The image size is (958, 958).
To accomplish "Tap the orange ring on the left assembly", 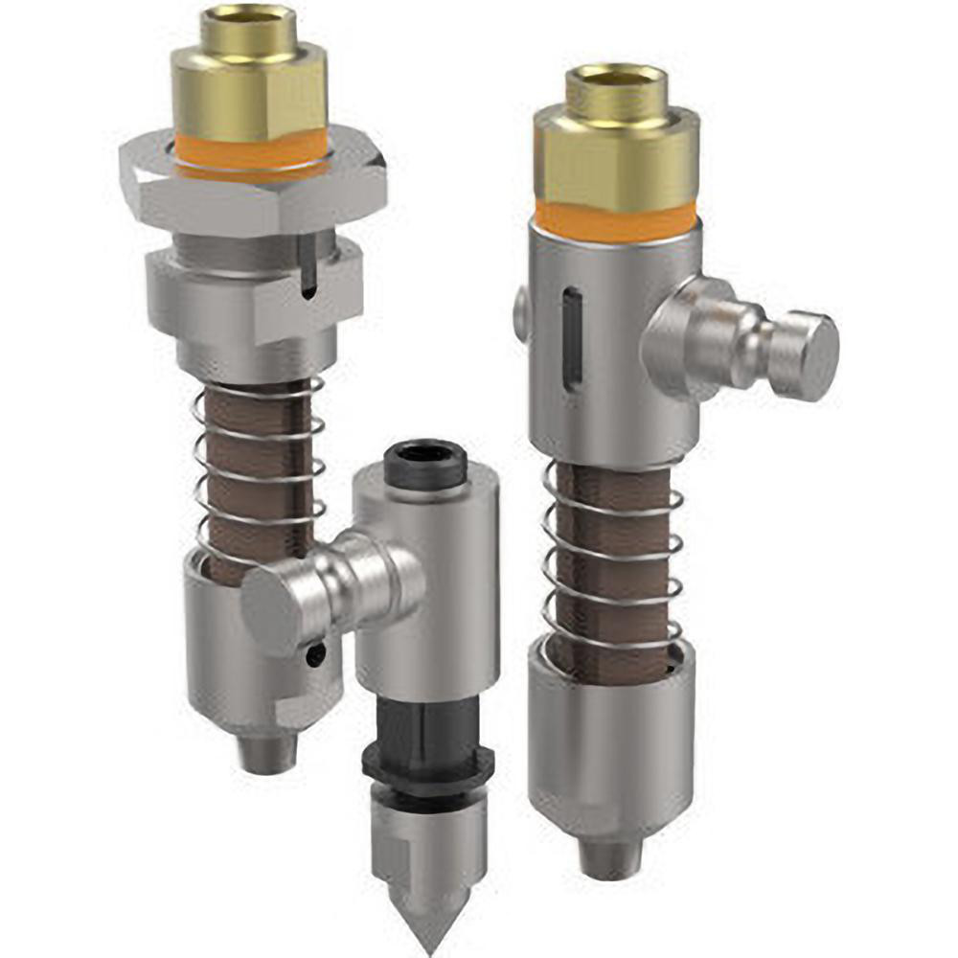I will point(251,153).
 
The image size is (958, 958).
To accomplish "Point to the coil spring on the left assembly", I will point(259,469).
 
